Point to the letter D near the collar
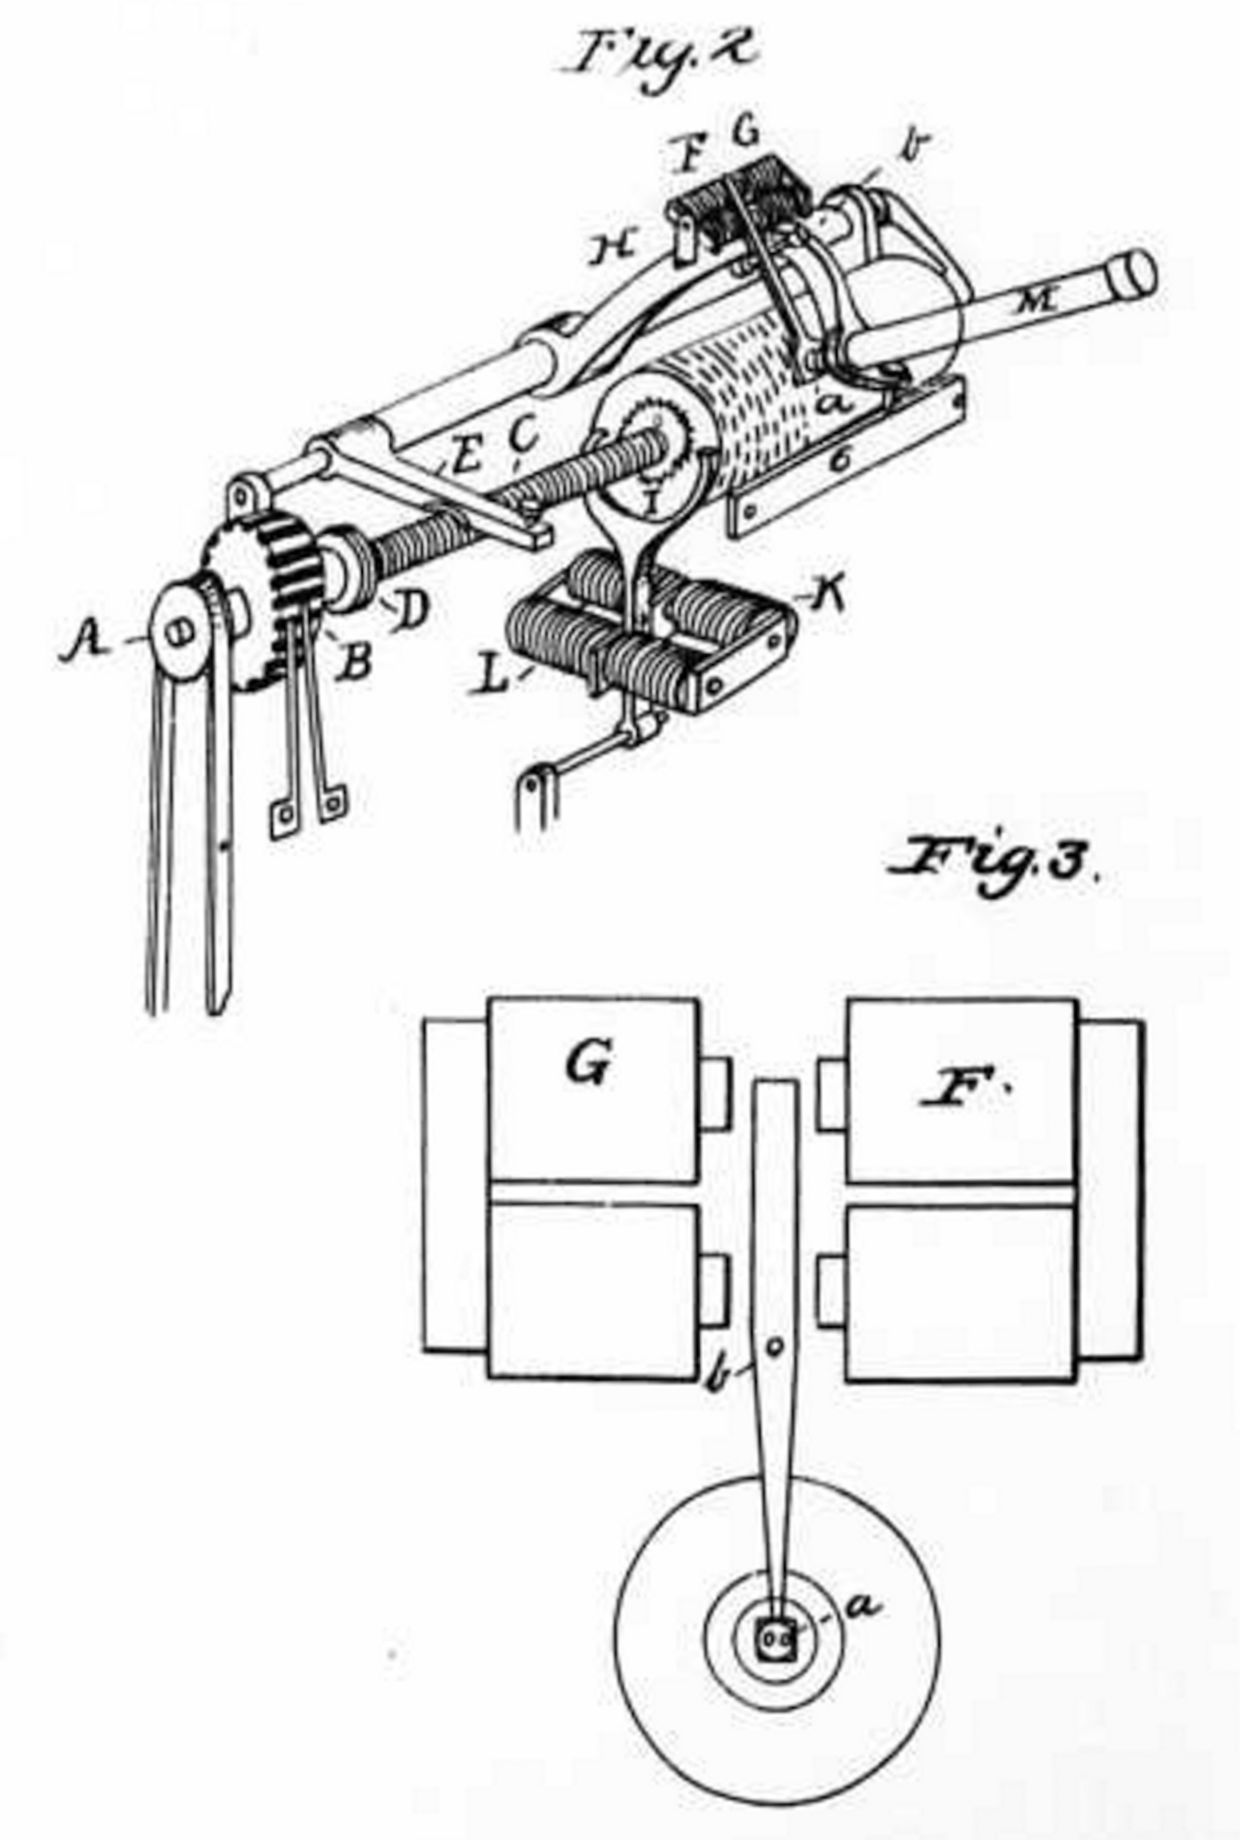tap(410, 608)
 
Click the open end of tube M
tap(1134, 273)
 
